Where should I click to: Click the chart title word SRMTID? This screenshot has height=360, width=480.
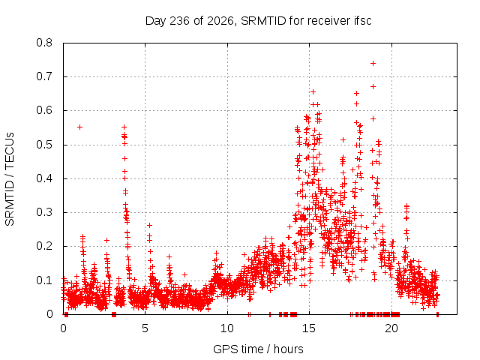coord(263,21)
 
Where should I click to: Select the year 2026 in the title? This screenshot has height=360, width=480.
coord(220,21)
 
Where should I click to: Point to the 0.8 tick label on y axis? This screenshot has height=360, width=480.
coord(44,43)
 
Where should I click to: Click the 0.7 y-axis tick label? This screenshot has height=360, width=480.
coord(44,76)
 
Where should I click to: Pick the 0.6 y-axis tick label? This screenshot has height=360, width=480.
coord(44,110)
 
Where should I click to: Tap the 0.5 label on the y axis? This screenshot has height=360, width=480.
coord(44,145)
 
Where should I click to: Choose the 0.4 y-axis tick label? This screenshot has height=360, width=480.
coord(44,178)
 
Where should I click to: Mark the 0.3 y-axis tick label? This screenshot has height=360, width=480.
coord(44,212)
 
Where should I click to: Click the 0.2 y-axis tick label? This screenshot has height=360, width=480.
coord(44,246)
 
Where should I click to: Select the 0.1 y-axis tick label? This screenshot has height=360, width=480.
coord(44,280)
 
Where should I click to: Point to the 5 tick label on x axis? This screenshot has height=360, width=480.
coord(145,328)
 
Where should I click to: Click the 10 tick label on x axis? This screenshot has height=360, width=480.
coord(227,328)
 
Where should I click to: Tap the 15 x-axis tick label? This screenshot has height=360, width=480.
coord(309,328)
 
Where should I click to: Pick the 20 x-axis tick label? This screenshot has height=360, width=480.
coord(391,328)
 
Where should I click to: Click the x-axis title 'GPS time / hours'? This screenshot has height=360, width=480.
coord(258,349)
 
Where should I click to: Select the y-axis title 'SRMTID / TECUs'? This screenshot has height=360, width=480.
coord(10,179)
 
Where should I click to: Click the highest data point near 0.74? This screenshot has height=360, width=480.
coord(373,63)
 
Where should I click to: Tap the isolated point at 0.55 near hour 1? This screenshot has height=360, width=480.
coord(80,127)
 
